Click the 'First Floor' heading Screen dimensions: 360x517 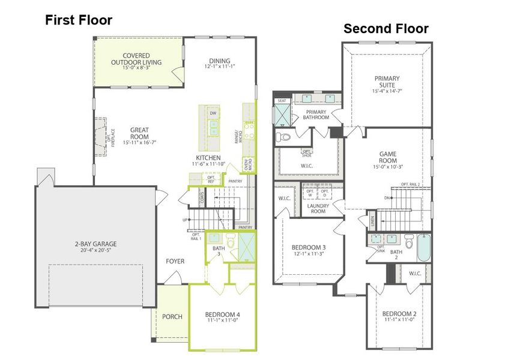click(79, 20)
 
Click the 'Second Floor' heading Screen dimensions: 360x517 click(385, 28)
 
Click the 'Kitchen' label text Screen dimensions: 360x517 click(208, 157)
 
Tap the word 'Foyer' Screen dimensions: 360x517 click(175, 261)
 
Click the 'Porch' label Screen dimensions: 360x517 click(173, 316)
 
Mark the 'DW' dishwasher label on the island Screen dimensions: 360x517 click(213, 113)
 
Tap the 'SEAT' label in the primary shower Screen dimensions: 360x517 click(281, 101)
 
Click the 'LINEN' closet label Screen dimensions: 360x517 click(373, 220)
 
